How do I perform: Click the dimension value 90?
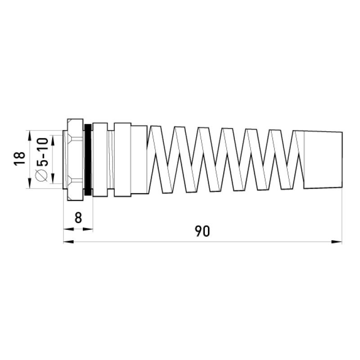point(202,231)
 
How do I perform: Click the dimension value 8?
point(78,218)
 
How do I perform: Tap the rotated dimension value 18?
point(19,158)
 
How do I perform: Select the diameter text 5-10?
point(42,152)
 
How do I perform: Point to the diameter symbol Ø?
point(41,175)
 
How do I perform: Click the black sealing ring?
point(88,160)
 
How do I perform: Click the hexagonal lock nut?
point(75,160)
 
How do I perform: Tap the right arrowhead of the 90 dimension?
point(336,242)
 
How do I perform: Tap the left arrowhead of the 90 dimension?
point(69,242)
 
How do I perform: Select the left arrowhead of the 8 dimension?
point(69,229)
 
